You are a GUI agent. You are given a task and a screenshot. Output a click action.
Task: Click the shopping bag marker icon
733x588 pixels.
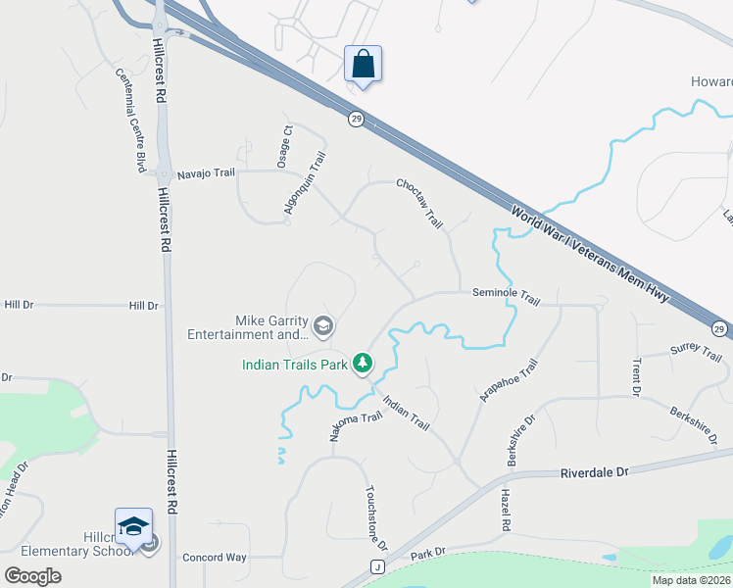point(363,66)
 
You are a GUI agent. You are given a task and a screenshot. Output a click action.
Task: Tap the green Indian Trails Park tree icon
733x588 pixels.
point(364,365)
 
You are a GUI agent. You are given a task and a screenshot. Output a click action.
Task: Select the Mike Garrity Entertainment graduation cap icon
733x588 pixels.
point(324,325)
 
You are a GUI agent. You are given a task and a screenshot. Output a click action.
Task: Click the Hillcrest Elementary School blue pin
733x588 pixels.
point(134,527)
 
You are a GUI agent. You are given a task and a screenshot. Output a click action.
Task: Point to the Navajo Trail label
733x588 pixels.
point(207,173)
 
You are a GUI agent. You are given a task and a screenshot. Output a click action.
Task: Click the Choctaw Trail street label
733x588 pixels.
point(420,203)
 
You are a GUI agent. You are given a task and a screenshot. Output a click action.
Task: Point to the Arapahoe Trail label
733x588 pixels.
point(509,380)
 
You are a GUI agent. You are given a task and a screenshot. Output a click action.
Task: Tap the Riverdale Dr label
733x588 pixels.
point(594,472)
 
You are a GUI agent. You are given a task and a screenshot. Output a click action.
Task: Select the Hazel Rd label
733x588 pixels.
point(507,510)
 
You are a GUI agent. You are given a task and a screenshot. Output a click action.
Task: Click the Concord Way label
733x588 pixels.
point(215,558)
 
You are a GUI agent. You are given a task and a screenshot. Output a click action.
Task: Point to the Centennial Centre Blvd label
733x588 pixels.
point(131,121)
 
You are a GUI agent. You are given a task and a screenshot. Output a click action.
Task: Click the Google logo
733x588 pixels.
point(32,576)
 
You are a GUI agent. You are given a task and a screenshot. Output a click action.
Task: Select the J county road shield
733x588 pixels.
point(376,566)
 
